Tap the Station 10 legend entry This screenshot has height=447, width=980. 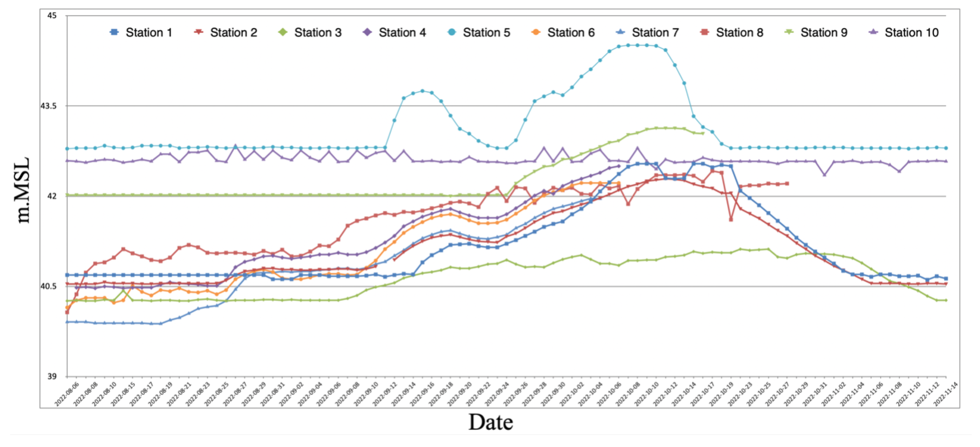(904, 33)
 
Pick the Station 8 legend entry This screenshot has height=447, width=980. (732, 33)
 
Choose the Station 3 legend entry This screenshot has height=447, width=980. (310, 33)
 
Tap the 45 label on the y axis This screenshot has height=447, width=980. (52, 16)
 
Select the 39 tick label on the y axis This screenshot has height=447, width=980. (52, 376)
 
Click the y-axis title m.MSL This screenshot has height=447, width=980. (23, 190)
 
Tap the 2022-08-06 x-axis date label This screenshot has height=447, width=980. (67, 395)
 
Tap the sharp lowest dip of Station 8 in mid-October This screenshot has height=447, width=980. (731, 219)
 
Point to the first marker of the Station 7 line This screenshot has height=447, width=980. (67, 322)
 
